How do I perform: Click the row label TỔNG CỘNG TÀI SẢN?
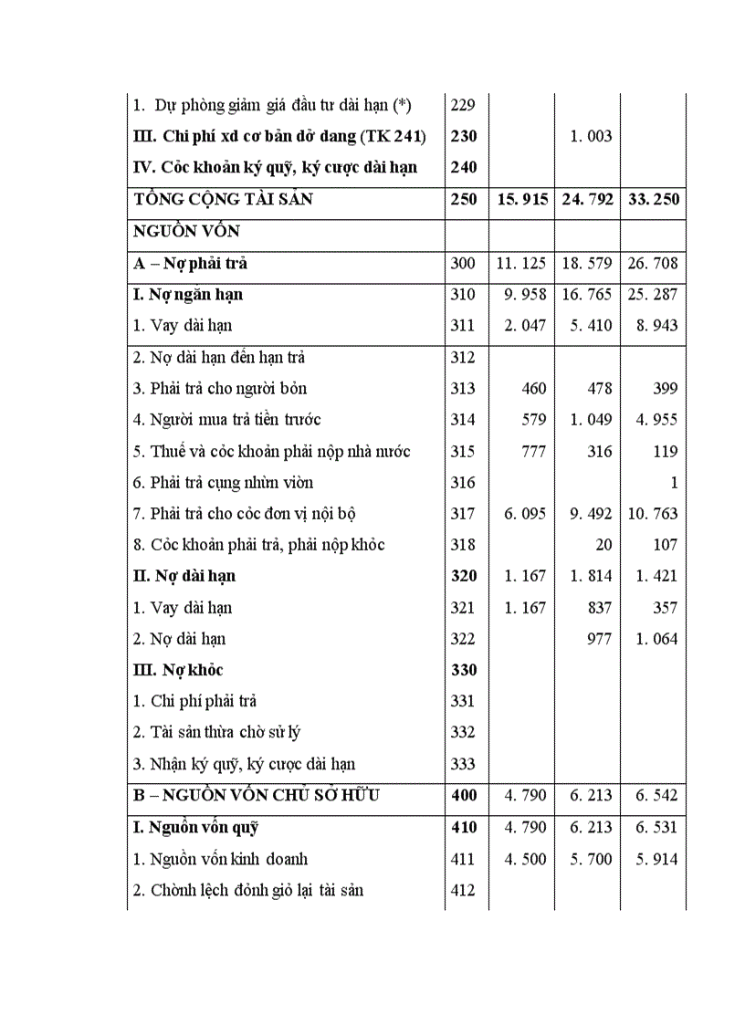click(x=223, y=199)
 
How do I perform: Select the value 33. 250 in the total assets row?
click(x=654, y=199)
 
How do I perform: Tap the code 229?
click(x=463, y=105)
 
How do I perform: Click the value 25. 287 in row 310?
click(x=654, y=295)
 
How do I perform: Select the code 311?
click(x=463, y=326)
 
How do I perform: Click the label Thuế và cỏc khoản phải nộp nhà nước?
click(x=271, y=451)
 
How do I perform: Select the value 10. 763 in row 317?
click(x=654, y=514)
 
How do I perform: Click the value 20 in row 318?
click(x=603, y=545)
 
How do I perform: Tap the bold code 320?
click(x=464, y=576)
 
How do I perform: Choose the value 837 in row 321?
click(x=599, y=608)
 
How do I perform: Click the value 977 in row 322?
click(x=599, y=639)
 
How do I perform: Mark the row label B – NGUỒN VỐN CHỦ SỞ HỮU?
click(x=257, y=795)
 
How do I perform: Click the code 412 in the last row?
click(x=463, y=890)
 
